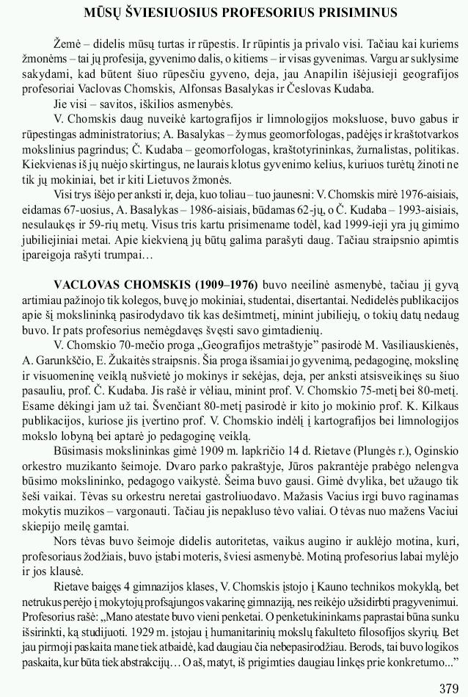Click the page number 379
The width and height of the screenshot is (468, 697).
(x=448, y=688)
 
